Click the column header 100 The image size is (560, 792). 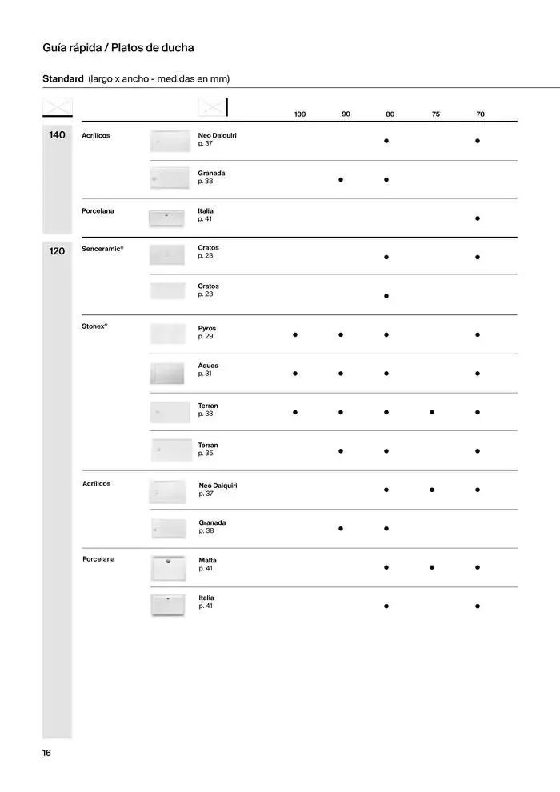[x=300, y=114]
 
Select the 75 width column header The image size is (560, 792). [x=436, y=114]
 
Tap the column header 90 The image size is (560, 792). [x=346, y=114]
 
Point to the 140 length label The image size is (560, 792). [x=57, y=135]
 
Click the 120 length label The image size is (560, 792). [x=57, y=251]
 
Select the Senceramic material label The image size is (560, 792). [x=102, y=249]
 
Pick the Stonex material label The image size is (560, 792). [x=94, y=326]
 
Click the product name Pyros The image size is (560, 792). [x=207, y=328]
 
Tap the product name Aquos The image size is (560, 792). [x=208, y=366]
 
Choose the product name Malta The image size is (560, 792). [x=207, y=560]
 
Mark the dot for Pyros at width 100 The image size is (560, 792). [x=295, y=335]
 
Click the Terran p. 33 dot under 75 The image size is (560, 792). [x=432, y=413]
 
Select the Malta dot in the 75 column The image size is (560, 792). [x=432, y=567]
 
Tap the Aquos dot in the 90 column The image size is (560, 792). [x=341, y=373]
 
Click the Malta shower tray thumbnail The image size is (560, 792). [x=168, y=567]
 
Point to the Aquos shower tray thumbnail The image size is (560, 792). [x=168, y=373]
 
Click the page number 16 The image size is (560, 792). [x=47, y=753]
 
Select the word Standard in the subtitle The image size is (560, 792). [x=62, y=78]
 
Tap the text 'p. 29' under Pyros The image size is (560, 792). [x=206, y=336]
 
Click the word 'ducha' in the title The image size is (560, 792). [x=177, y=48]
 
